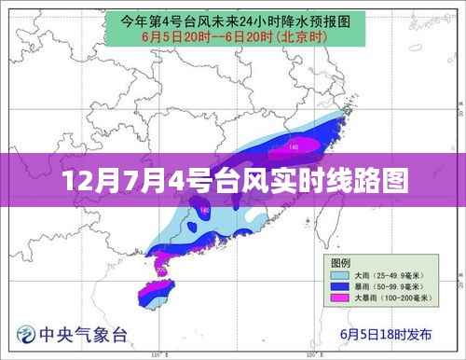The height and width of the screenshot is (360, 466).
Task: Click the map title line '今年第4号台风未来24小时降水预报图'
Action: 233,19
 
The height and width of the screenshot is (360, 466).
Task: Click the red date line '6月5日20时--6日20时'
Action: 205,36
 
